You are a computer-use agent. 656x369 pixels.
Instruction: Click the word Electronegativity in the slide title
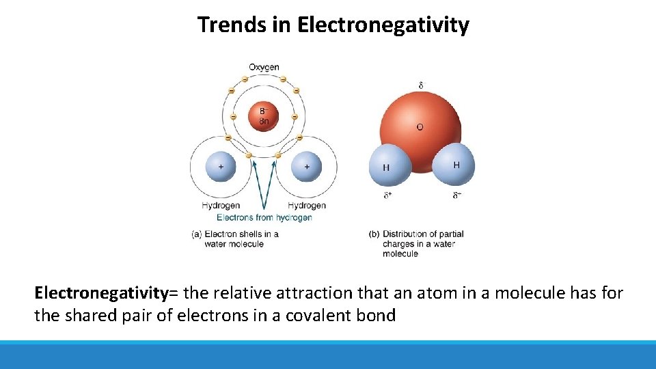click(383, 25)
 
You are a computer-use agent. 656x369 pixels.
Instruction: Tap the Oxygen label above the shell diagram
click(264, 67)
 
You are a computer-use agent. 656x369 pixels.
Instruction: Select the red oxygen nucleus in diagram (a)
click(264, 115)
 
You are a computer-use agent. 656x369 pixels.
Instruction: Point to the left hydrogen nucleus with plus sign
click(221, 166)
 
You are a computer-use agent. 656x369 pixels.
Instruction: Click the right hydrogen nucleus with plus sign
click(307, 166)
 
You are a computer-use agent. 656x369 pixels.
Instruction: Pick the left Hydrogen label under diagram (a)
click(221, 205)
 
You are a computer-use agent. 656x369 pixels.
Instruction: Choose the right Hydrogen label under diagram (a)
click(307, 205)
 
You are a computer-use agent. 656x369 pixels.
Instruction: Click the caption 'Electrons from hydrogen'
click(264, 217)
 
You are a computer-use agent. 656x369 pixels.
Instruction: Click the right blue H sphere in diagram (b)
click(454, 164)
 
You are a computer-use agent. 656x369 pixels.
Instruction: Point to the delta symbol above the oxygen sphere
click(421, 85)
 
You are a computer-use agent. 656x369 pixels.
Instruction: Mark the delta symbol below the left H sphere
click(387, 195)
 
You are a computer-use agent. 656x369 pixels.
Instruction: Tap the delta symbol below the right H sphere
click(456, 195)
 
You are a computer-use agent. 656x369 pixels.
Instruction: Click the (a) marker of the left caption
click(197, 234)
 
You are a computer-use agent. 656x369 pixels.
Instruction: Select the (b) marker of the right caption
click(374, 234)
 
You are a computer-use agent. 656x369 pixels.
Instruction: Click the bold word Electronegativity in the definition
click(101, 294)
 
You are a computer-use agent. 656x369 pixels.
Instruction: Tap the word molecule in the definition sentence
click(529, 294)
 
